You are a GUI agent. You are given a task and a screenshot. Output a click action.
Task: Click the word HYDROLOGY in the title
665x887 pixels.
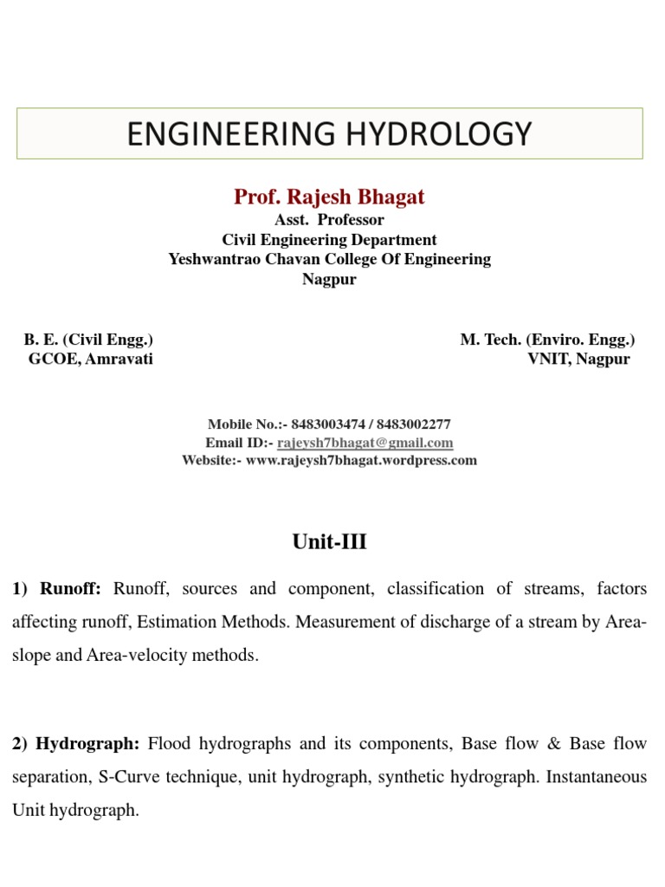tap(448, 133)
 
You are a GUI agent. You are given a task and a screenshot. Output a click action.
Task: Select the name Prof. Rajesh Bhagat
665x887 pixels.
tap(329, 197)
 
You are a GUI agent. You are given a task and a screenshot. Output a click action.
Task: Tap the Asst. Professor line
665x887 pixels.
tap(329, 220)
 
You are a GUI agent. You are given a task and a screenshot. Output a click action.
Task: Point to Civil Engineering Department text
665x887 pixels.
tap(329, 240)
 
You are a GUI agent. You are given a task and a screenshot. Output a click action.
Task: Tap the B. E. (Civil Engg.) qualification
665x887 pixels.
tap(88, 340)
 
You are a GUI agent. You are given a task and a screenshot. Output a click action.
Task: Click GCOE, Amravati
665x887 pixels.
tap(91, 359)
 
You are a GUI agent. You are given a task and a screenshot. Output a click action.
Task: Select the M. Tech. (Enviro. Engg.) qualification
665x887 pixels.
tap(547, 340)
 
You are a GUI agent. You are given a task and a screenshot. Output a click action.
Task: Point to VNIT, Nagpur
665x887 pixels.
tap(579, 359)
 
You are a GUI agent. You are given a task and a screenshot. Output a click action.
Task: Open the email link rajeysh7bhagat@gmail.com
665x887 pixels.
tap(365, 443)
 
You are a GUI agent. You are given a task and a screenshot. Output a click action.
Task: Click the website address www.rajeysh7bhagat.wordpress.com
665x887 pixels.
tap(361, 461)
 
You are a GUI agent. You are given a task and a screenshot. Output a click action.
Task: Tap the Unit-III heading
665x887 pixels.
tap(329, 542)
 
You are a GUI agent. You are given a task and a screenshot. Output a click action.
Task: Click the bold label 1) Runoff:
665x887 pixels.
tap(57, 589)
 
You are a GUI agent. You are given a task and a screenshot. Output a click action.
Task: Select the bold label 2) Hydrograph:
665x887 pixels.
tap(76, 744)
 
